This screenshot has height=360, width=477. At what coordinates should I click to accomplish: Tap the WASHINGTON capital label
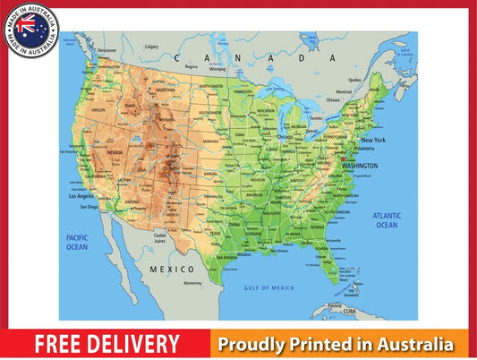[359, 166]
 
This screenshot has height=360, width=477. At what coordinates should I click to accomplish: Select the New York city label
[372, 141]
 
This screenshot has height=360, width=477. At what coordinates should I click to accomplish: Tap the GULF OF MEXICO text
[269, 287]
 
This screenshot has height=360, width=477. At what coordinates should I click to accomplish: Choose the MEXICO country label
[171, 269]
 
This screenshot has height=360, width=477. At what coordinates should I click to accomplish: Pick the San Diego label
[89, 207]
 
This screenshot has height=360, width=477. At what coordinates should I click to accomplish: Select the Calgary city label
[151, 47]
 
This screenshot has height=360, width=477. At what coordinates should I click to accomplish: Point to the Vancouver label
[107, 50]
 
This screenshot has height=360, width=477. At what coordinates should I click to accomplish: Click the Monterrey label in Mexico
[192, 283]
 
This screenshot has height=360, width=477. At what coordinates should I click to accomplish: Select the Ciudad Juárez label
[159, 238]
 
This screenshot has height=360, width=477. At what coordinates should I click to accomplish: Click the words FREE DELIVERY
[107, 343]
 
